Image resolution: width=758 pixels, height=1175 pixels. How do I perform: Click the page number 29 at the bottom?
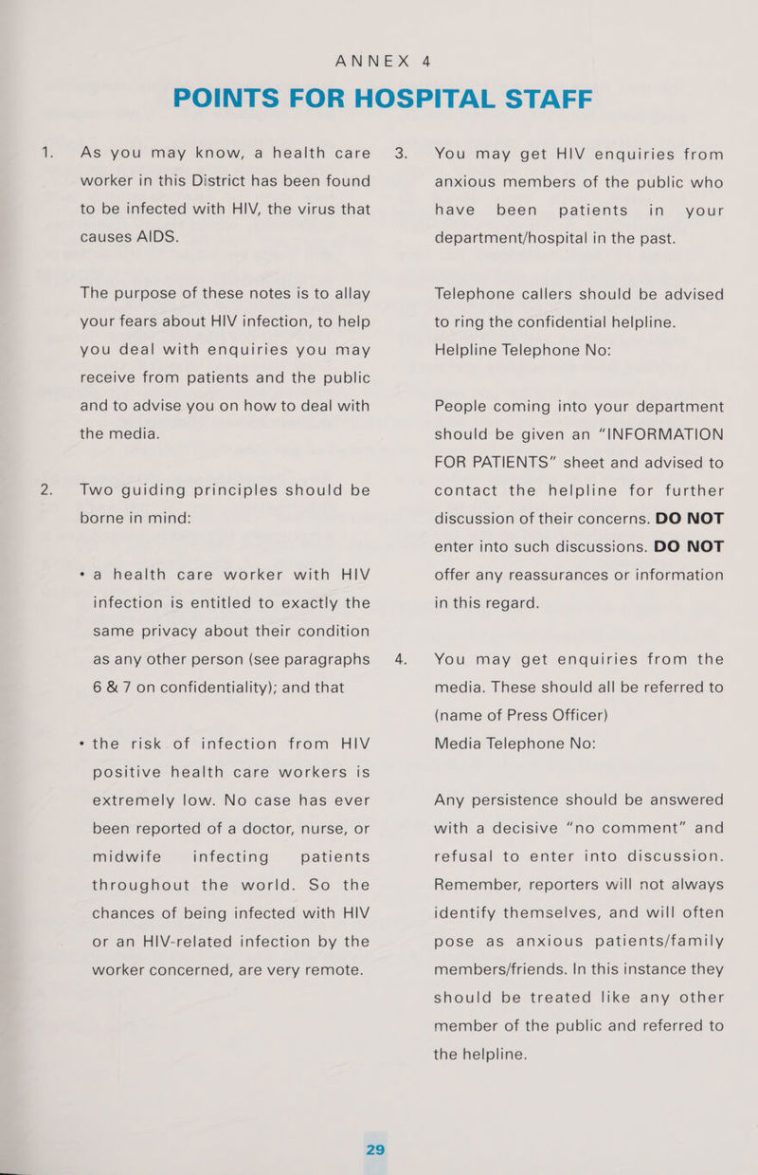click(375, 1149)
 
